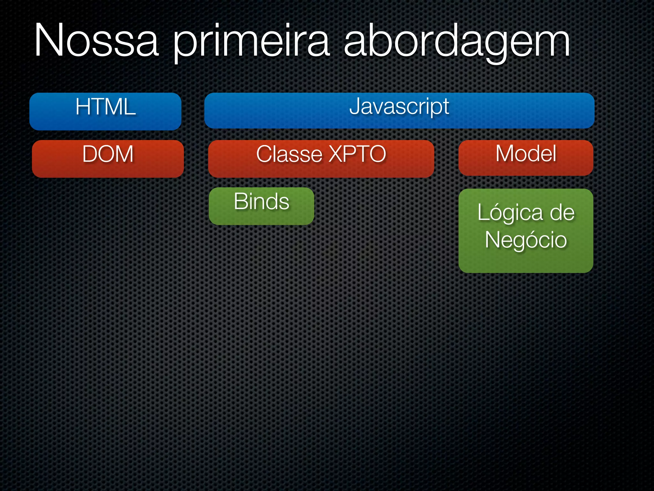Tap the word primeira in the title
[251, 42]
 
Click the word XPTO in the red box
[357, 154]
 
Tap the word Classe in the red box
[289, 154]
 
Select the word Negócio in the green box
[526, 240]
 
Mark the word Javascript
[399, 106]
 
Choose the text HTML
[105, 107]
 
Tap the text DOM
[108, 154]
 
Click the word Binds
[261, 201]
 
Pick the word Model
[526, 154]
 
